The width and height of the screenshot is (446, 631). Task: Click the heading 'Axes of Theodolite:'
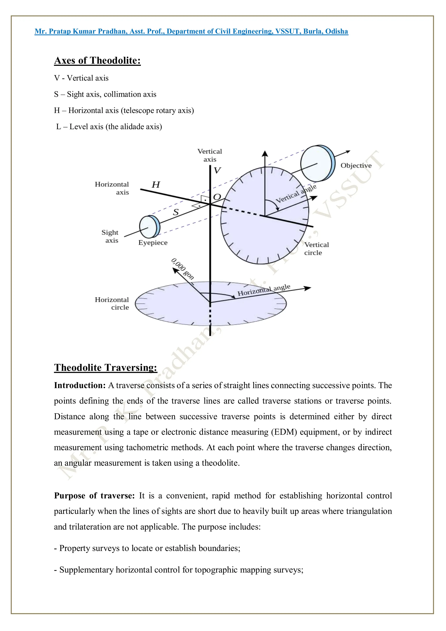97,61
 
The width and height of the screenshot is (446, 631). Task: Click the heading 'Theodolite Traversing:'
106,367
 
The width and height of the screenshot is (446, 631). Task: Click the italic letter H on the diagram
156,184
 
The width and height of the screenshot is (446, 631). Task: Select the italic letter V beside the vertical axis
217,170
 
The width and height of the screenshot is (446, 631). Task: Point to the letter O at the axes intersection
217,197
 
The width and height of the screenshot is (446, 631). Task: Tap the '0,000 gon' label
183,269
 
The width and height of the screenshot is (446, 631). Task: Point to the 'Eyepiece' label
153,243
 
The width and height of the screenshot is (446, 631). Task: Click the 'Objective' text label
356,166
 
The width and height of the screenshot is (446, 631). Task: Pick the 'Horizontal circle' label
112,303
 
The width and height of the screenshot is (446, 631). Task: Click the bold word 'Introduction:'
80,385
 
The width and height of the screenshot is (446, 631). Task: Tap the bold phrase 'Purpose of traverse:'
94,496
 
